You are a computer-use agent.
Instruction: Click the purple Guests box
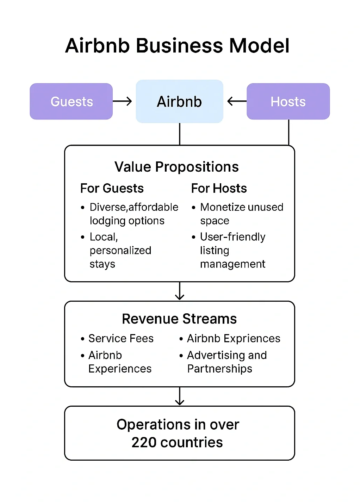pos(71,102)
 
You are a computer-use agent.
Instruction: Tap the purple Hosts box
pos(288,102)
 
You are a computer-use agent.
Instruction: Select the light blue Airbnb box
pos(179,102)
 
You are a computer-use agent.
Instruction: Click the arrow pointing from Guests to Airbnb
pos(122,102)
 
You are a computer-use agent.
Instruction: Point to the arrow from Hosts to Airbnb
pos(237,102)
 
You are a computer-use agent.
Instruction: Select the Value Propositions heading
pos(176,167)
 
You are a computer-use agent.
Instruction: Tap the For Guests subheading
pos(112,188)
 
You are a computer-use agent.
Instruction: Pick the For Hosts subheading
pos(219,188)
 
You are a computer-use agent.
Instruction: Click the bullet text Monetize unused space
pos(241,213)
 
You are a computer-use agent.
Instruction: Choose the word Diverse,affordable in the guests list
pos(134,207)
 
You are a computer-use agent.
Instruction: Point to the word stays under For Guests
pos(102,264)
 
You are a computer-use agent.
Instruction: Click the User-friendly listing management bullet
pos(232,250)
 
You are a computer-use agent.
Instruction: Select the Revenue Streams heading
pos(179,319)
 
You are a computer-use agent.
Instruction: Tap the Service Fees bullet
pos(121,338)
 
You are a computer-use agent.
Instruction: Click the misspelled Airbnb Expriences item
pos(233,338)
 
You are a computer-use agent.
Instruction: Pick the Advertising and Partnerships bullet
pos(226,362)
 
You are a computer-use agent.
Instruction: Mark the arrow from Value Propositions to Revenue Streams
pos(180,291)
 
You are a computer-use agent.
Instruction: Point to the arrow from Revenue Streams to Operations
pos(180,397)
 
